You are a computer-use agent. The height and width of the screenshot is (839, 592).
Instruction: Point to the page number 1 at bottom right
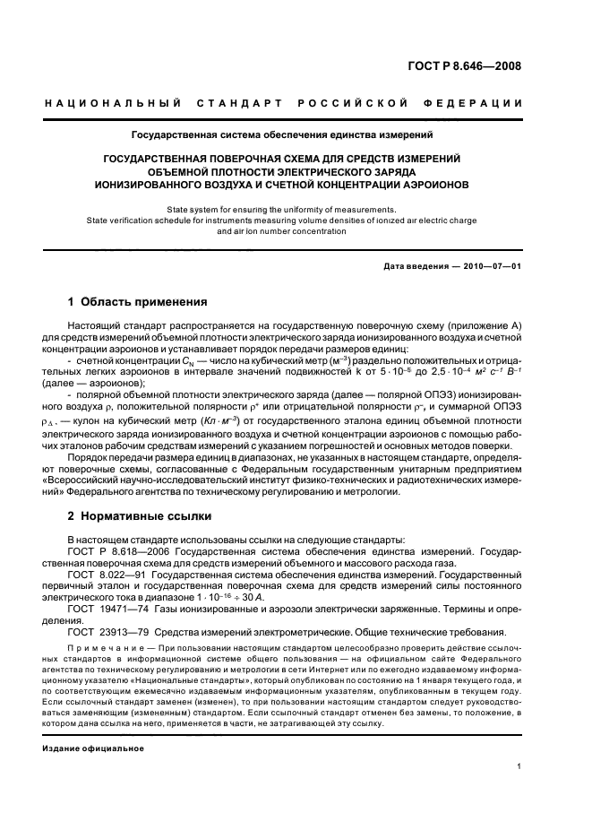(519, 765)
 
